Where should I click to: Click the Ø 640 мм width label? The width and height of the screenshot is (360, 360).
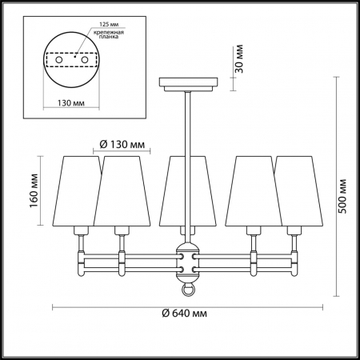click(183, 314)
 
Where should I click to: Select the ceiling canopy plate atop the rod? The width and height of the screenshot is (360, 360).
click(189, 83)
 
